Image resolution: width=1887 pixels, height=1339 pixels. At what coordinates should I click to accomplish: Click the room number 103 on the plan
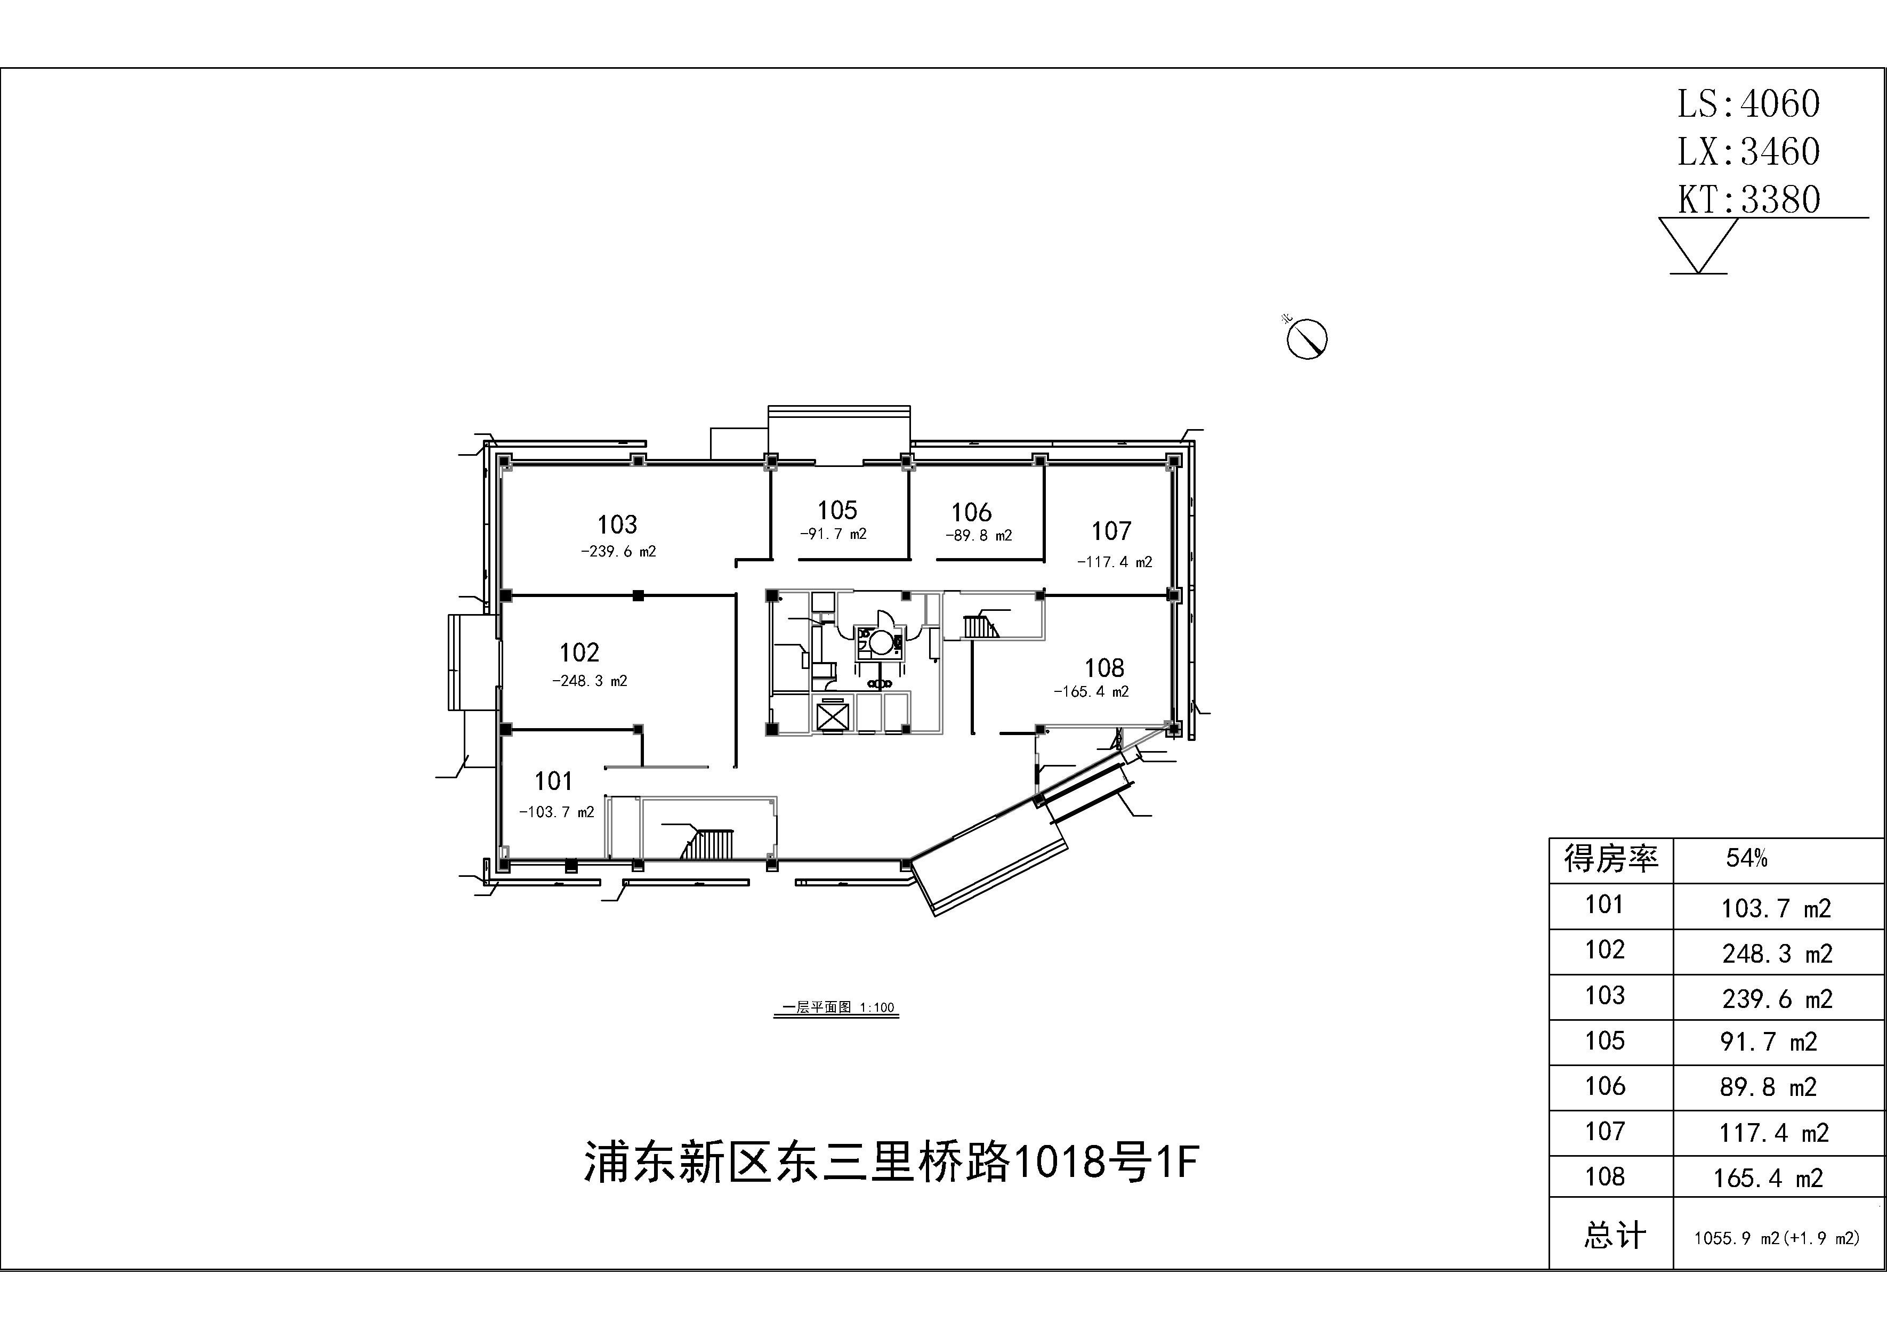pos(617,525)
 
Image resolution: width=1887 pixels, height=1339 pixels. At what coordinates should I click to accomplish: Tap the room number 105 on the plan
pos(837,510)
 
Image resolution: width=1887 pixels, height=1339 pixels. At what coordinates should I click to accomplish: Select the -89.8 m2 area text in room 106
pos(979,535)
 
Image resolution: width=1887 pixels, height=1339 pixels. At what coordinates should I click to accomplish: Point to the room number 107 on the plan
pos(1111,531)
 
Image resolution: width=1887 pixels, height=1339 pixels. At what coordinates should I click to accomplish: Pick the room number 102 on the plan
pos(579,653)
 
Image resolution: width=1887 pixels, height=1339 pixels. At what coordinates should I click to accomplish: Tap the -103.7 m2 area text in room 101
pos(557,812)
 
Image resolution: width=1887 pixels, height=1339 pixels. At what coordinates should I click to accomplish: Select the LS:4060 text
pos(1748,104)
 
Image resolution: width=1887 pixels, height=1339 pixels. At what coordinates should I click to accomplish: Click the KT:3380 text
pos(1748,199)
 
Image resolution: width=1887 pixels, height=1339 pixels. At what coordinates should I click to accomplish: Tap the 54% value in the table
pos(1746,858)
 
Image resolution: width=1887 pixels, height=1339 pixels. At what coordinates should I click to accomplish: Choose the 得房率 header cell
pos(1611,859)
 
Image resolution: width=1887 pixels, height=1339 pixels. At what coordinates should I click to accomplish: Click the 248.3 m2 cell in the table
pos(1777,954)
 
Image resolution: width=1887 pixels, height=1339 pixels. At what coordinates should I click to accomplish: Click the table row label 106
pos(1604,1086)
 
